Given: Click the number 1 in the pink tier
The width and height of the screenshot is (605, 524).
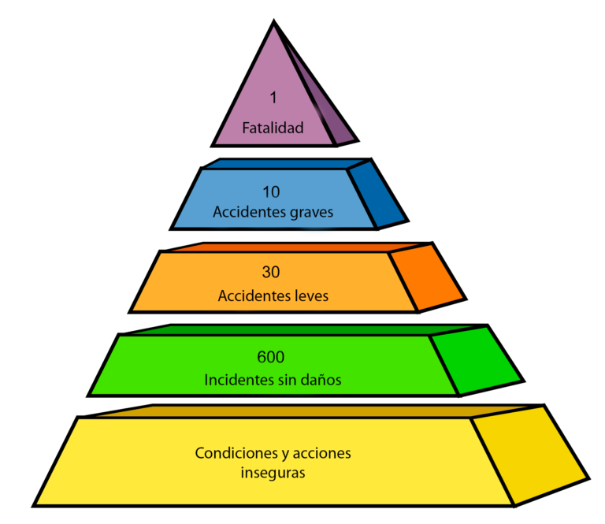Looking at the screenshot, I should point(273,98).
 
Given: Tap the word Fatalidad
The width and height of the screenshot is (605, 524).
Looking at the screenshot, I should point(273,128).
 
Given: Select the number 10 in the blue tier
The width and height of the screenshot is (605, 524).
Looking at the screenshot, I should point(272,191).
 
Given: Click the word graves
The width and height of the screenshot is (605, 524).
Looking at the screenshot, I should point(310,213).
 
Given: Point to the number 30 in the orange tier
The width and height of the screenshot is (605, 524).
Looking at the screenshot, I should point(271,273).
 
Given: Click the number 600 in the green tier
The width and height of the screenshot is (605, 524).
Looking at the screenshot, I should point(271,357).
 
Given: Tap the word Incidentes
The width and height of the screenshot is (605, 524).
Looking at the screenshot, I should point(236,379).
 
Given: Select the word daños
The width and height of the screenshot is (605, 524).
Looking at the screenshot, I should point(322,379).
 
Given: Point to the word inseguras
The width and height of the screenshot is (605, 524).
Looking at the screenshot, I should point(273,474).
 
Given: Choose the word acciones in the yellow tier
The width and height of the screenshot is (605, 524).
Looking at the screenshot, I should point(324,454).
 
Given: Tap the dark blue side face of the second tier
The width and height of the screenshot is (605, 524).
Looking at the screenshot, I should point(376,192).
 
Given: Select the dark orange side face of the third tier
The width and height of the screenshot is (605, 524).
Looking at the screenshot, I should point(426,277).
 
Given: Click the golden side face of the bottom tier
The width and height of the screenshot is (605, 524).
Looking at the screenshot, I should point(528,455).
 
